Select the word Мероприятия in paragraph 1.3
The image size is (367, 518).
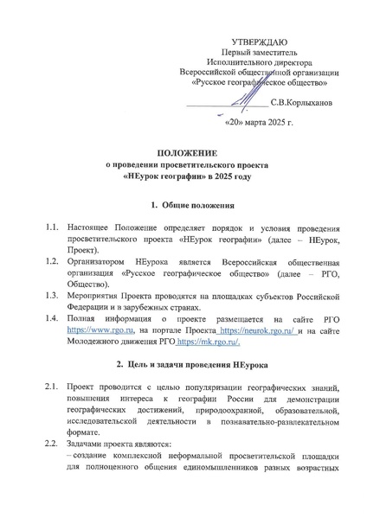(x=97, y=295)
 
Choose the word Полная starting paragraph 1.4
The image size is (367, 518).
(x=84, y=318)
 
